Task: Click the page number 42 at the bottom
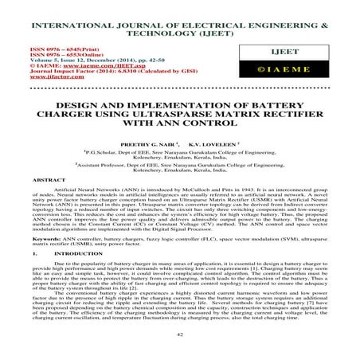click(180, 337)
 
